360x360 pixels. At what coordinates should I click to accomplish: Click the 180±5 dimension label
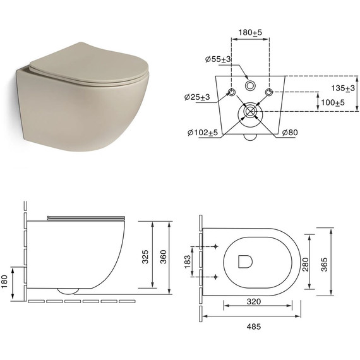click(250, 32)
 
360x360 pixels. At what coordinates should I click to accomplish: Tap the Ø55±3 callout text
click(218, 59)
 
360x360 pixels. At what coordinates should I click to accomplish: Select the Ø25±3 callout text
click(197, 97)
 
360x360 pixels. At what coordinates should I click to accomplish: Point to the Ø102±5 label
click(203, 133)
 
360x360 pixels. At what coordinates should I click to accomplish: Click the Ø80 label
click(290, 132)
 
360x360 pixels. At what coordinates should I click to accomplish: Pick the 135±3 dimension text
click(343, 88)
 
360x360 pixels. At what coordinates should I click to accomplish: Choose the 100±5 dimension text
click(333, 102)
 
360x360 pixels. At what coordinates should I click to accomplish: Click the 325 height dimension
click(145, 256)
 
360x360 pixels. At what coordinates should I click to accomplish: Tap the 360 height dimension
click(163, 256)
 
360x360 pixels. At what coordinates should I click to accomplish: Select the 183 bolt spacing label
click(188, 261)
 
